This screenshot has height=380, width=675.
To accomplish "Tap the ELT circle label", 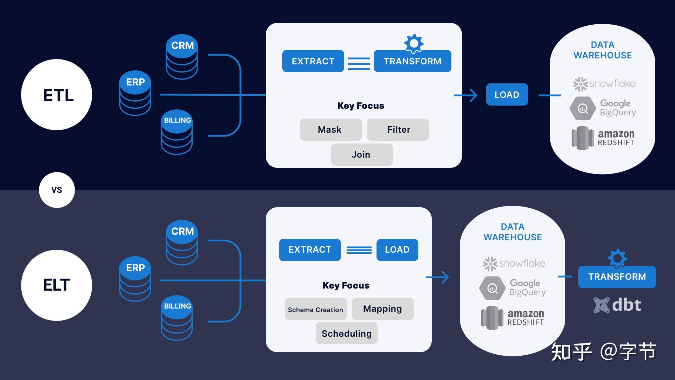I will pos(57,285).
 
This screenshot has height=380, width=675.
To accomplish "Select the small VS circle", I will pos(57,190).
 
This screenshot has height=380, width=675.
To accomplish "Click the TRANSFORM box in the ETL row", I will pos(412,61).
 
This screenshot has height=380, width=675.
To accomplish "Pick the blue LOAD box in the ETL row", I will pos(507,95).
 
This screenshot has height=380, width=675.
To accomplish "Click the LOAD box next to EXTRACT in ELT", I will pos(397,250).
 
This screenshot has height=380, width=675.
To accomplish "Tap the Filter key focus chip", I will pos(398,129).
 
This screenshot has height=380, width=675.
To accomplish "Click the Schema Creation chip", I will pos(315,309).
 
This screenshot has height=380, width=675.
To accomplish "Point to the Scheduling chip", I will pos(346,333).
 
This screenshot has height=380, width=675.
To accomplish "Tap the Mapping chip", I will pos(382,309).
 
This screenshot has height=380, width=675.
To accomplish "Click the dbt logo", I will pos(617,305).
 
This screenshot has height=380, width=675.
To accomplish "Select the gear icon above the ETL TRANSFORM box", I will pos(414,43).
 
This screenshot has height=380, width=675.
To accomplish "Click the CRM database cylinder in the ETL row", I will pos(182,57).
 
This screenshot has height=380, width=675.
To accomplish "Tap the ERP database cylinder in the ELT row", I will pos(135,279).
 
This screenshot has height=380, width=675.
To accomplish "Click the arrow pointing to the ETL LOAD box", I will pos(466,95).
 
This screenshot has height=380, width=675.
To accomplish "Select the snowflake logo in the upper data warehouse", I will pos(604,84).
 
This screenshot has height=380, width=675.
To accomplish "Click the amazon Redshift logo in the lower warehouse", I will pos(513,317).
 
